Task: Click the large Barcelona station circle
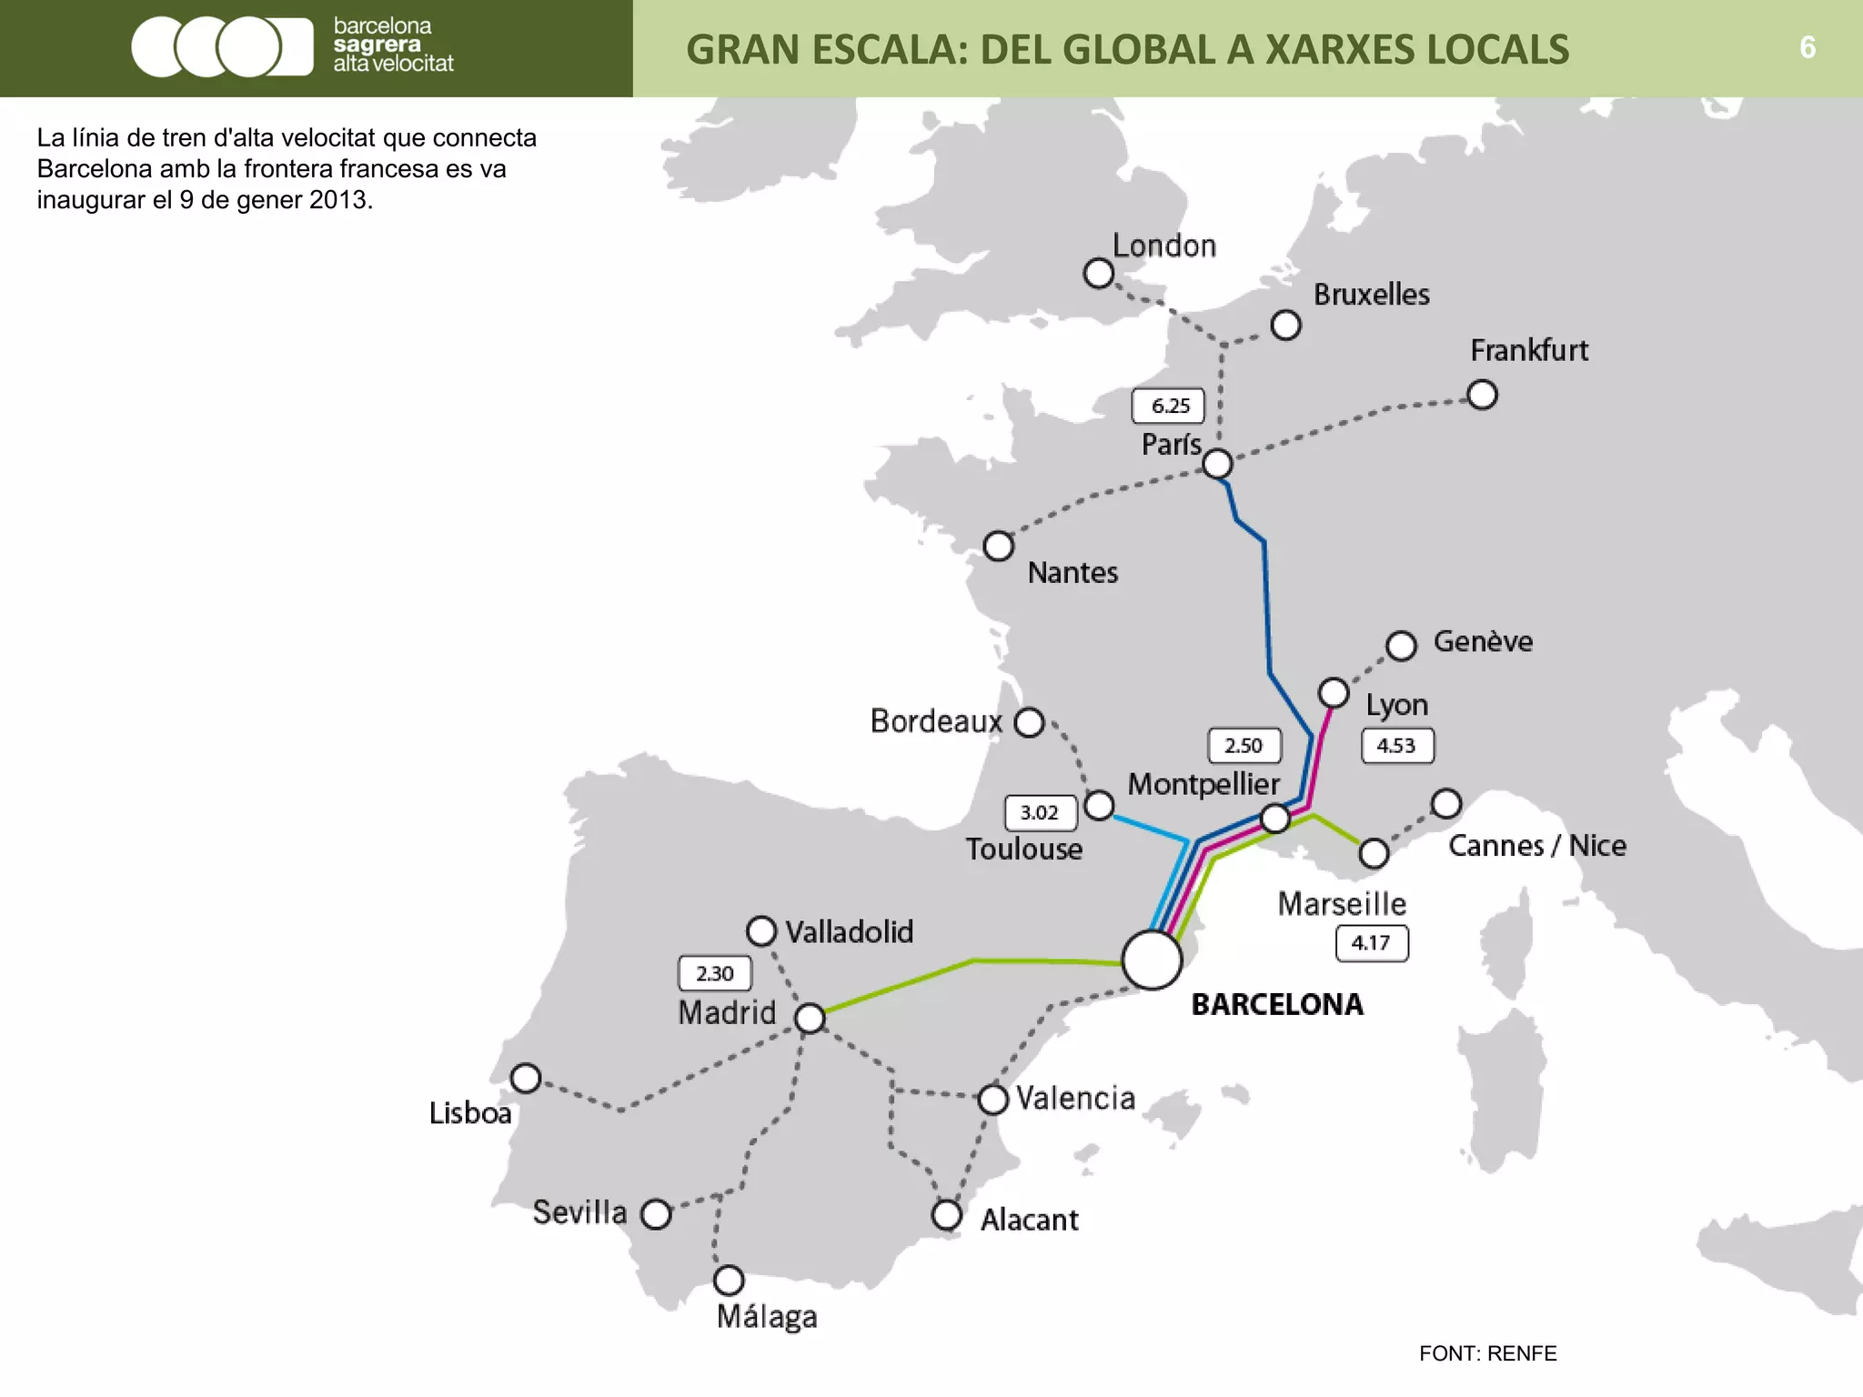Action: (1152, 960)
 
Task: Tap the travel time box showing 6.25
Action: (1168, 406)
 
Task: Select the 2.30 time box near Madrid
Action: (715, 973)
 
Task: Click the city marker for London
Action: (1099, 273)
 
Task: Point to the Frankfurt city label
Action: (1529, 350)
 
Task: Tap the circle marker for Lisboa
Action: (526, 1079)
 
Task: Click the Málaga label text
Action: (767, 1316)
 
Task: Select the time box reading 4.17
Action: (1372, 943)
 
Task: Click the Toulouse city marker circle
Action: (1100, 805)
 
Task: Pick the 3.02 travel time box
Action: (1041, 812)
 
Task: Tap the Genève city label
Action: (1483, 642)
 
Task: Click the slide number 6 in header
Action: (1808, 47)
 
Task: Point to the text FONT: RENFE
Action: (1487, 1353)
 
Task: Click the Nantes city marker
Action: (999, 546)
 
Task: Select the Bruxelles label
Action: (1371, 295)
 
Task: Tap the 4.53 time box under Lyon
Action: (1397, 746)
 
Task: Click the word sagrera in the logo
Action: (377, 45)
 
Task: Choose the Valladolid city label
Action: (849, 932)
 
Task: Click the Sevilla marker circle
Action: (656, 1214)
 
